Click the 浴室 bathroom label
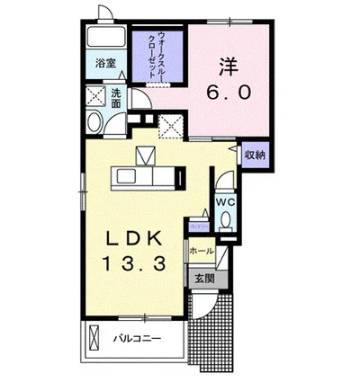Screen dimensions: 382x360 (x=106, y=63)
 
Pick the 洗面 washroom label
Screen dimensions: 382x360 (x=117, y=97)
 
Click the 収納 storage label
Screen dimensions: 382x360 (x=255, y=155)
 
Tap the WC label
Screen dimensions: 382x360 (x=224, y=202)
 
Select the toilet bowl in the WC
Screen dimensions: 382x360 (x=224, y=219)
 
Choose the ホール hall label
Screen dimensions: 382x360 (x=202, y=251)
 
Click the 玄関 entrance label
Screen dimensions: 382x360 (x=202, y=279)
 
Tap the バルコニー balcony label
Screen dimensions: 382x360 (x=136, y=339)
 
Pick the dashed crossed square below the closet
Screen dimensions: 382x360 (x=170, y=127)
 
